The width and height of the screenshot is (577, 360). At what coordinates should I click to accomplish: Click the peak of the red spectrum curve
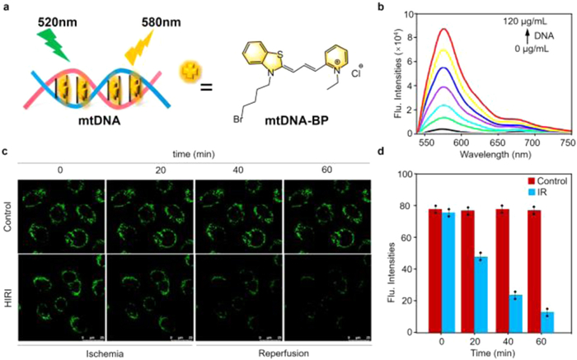click(x=466, y=30)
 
